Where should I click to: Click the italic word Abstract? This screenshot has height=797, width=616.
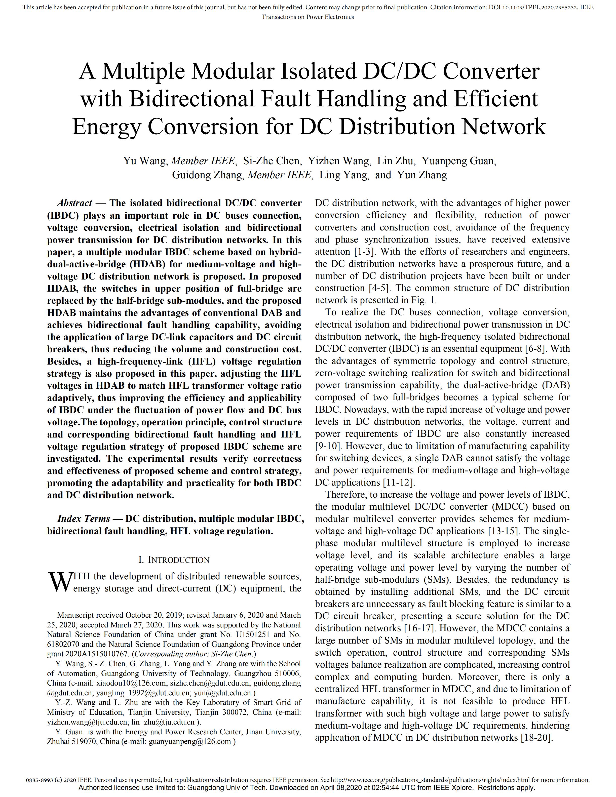pos(75,203)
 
